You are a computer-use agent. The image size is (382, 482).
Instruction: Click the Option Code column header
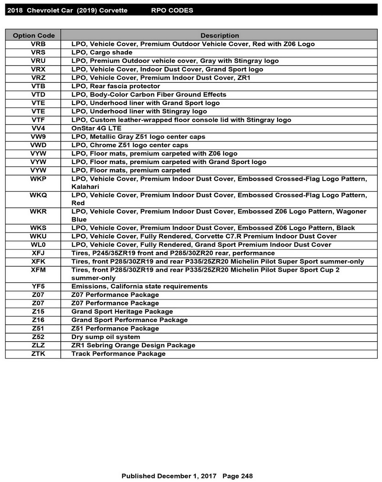(x=34, y=36)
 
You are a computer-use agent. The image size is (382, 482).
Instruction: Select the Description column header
(x=219, y=36)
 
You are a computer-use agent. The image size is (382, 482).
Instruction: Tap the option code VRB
(x=38, y=44)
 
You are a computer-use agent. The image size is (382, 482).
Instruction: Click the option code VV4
(x=38, y=128)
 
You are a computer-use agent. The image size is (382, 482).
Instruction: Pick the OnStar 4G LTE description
(x=96, y=128)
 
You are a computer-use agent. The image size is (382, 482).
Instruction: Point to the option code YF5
(x=38, y=286)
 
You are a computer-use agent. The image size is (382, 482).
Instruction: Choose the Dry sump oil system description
(x=106, y=337)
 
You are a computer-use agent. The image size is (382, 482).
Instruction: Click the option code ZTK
(x=38, y=354)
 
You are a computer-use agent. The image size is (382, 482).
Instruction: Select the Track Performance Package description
(x=118, y=354)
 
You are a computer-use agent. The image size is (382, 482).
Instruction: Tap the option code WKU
(x=38, y=236)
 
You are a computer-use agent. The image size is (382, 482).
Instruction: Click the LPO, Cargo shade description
(x=102, y=52)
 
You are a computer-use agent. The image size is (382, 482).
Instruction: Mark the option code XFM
(x=38, y=270)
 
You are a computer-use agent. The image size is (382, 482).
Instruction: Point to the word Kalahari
(x=85, y=187)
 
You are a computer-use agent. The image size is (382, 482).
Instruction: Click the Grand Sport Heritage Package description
(x=122, y=311)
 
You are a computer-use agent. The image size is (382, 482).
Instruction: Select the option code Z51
(x=38, y=328)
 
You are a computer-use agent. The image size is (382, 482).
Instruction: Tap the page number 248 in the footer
(x=247, y=476)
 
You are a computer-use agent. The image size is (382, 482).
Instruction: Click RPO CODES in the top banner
(x=172, y=10)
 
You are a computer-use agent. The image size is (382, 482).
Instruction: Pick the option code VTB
(x=38, y=86)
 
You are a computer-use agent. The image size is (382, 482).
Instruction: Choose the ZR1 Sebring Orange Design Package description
(x=133, y=345)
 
